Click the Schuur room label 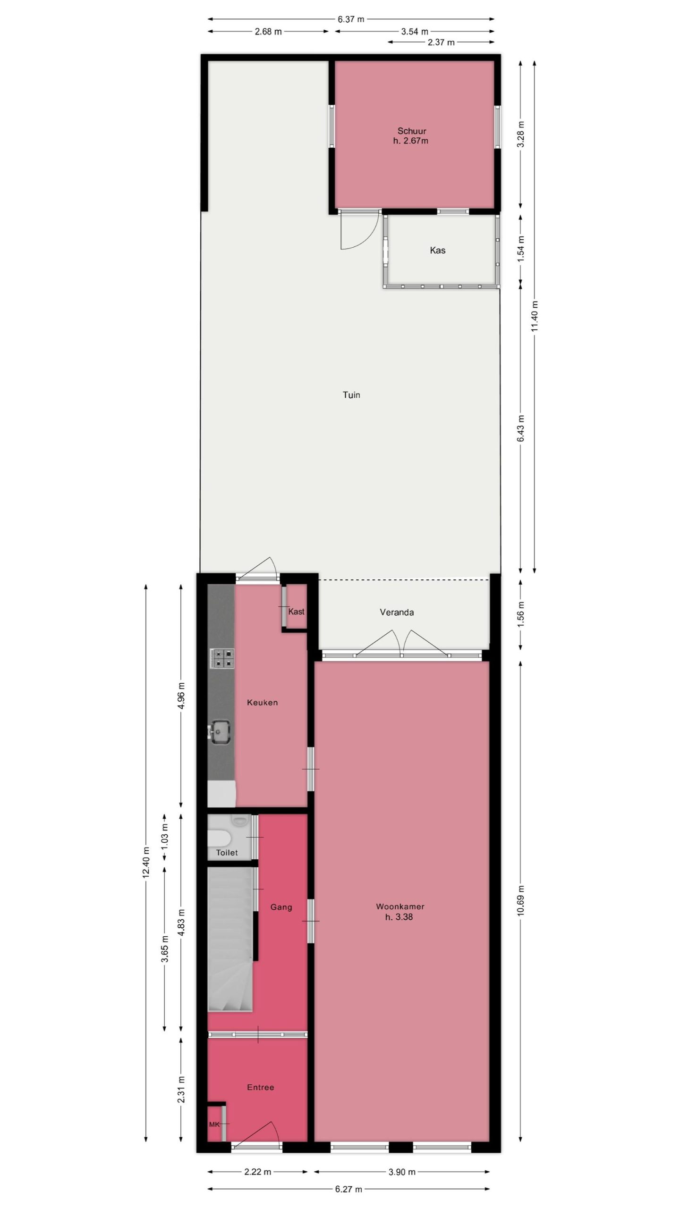(x=411, y=131)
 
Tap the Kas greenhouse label (x=437, y=250)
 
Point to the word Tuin (x=351, y=394)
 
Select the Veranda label (x=397, y=612)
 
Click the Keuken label (x=262, y=703)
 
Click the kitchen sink (x=219, y=732)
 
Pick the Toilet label (x=227, y=853)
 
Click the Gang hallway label (x=281, y=907)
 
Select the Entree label (x=260, y=1087)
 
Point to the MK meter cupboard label (x=214, y=1124)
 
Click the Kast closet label (x=296, y=612)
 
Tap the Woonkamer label (x=400, y=906)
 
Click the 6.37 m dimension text (x=351, y=19)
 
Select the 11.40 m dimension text (x=535, y=316)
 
